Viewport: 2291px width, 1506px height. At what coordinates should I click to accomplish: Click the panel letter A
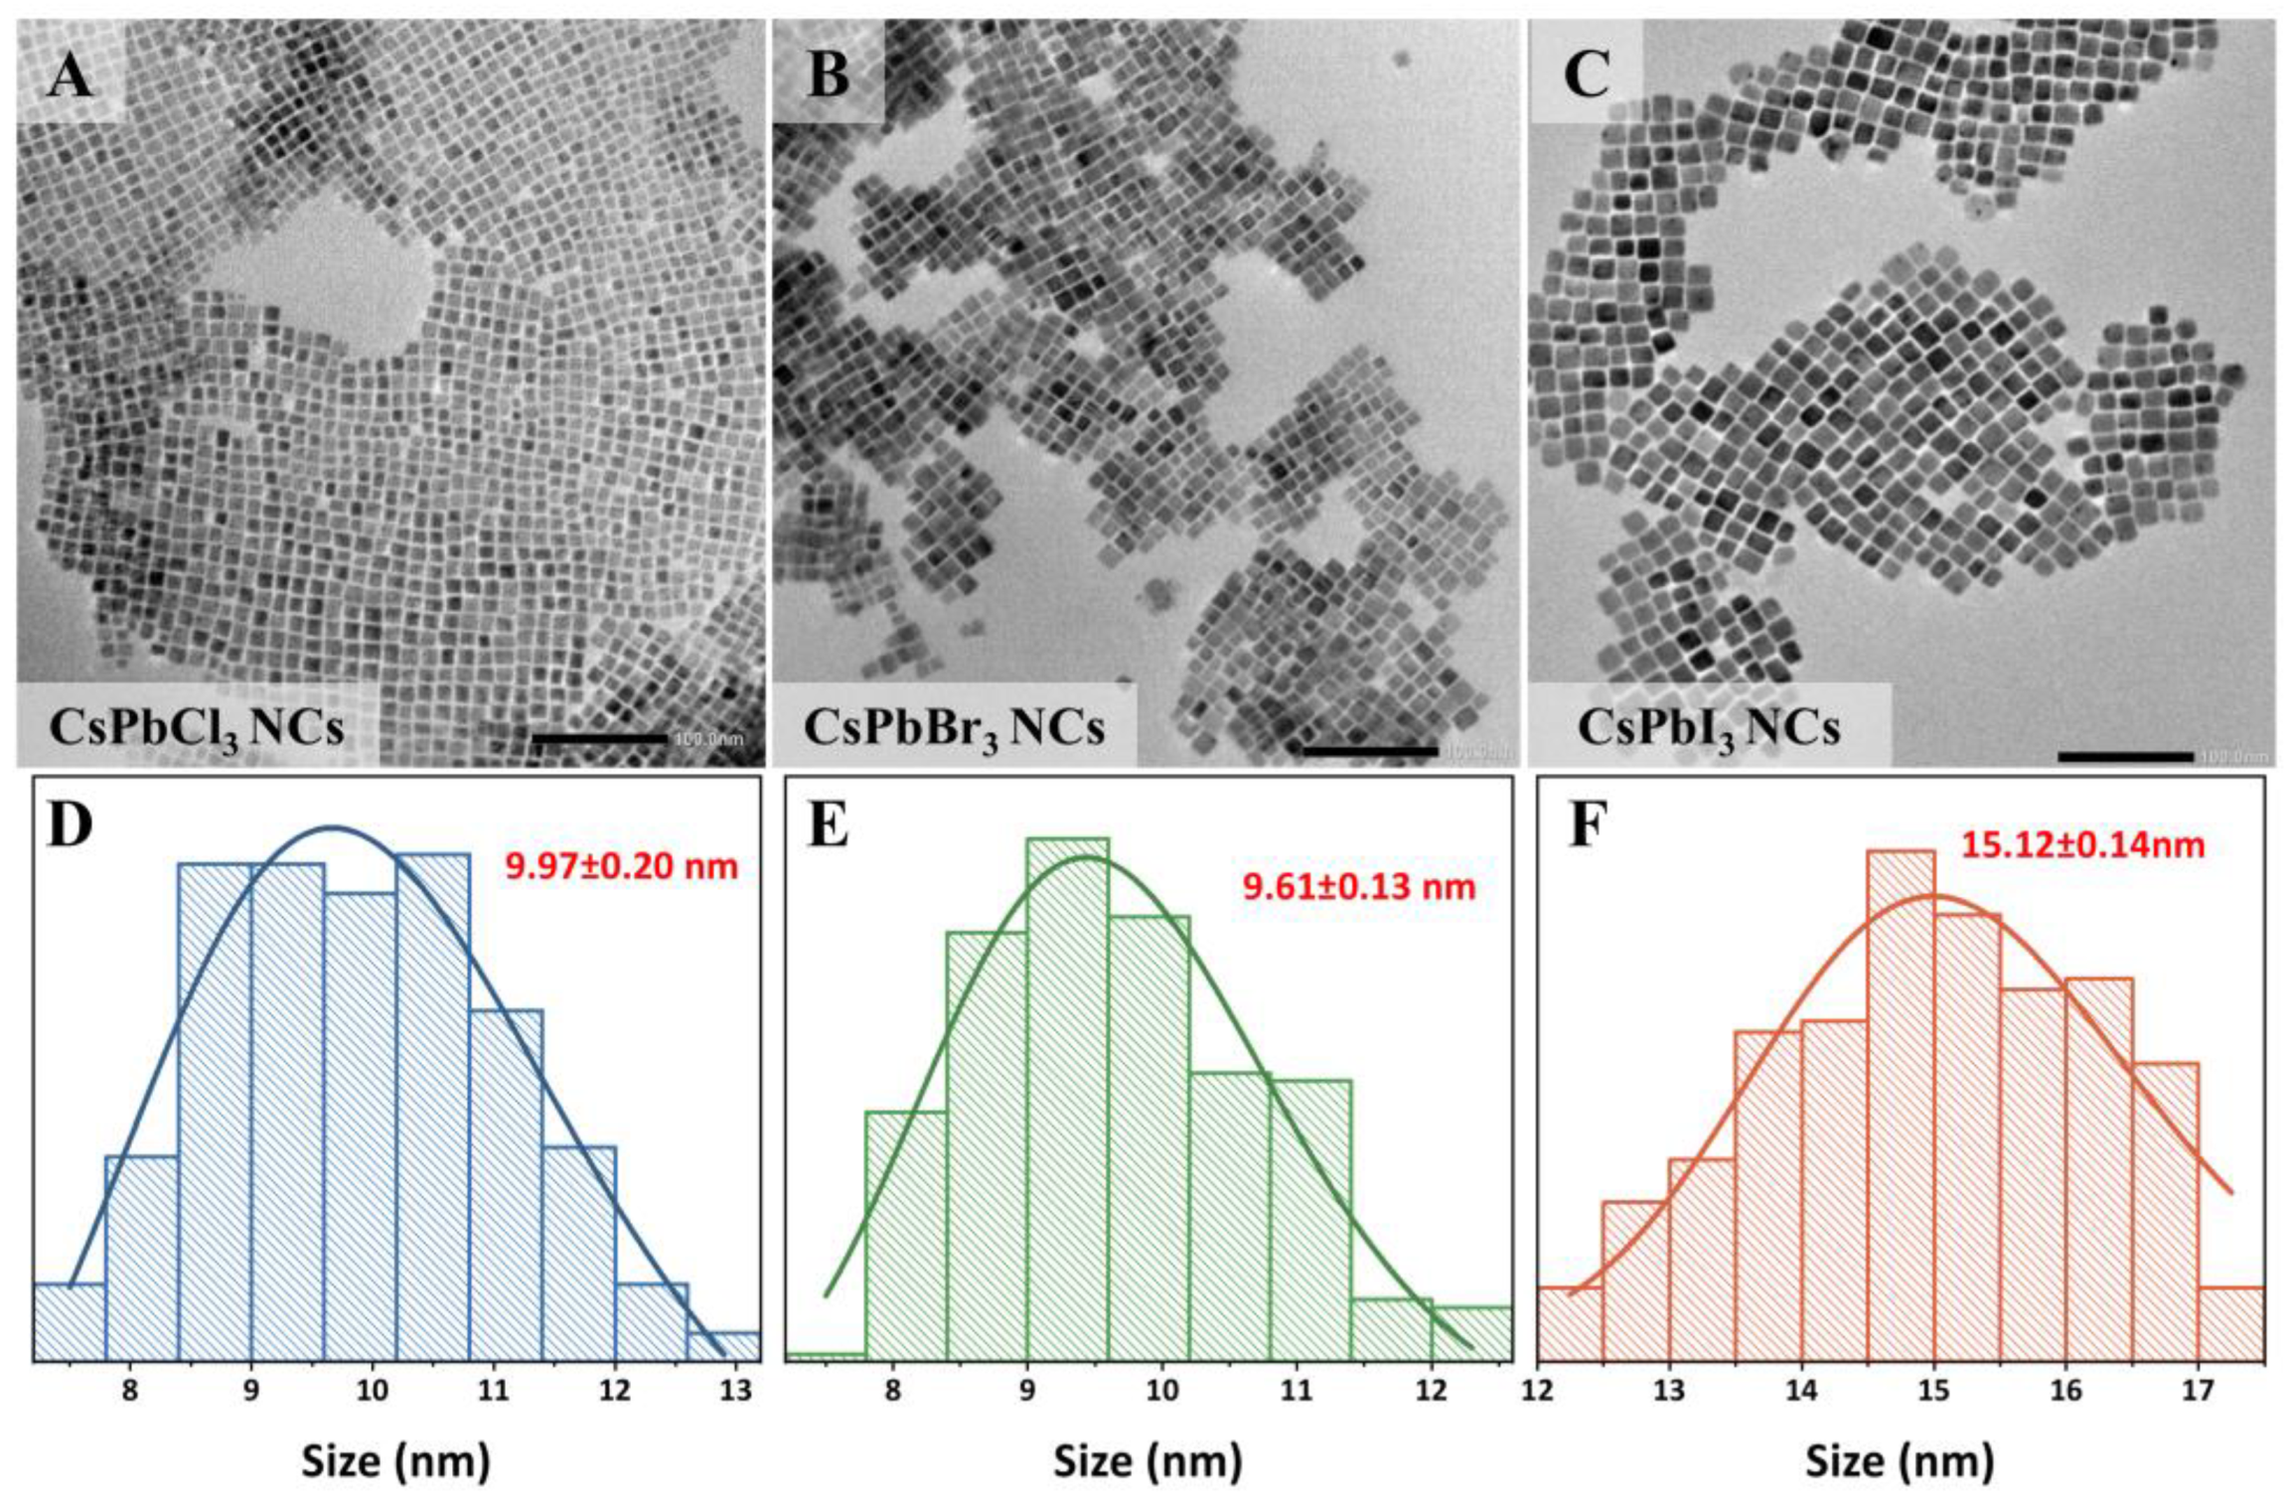coord(70,75)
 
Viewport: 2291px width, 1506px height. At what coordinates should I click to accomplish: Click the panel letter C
coord(1586,75)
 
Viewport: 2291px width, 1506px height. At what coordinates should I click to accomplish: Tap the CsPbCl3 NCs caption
coord(197,729)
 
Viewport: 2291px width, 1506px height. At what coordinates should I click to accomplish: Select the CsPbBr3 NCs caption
coord(954,729)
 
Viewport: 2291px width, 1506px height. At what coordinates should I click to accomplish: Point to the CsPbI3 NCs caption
coord(1709,729)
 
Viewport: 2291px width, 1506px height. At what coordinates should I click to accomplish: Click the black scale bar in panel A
coord(600,738)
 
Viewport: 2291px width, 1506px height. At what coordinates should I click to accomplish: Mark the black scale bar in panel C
coord(2125,756)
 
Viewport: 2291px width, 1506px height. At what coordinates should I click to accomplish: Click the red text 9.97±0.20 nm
coord(622,866)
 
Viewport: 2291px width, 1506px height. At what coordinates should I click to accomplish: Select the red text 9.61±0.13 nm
coord(1359,886)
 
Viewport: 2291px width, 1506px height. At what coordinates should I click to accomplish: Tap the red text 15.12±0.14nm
coord(2082,845)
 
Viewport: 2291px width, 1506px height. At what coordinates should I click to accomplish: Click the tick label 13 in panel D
coord(735,1389)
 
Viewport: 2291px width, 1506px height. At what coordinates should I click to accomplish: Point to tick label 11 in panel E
coord(1296,1389)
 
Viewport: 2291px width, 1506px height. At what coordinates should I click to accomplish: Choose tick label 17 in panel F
coord(2198,1389)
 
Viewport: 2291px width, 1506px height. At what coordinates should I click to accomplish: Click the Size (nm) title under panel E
coord(1146,1461)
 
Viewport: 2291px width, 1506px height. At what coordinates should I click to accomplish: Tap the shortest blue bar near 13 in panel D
coord(723,1346)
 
